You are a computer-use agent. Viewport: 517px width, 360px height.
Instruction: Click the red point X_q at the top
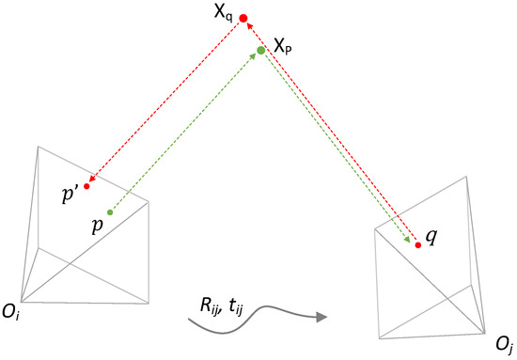coord(243,18)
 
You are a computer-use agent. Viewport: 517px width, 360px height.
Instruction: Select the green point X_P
coord(261,50)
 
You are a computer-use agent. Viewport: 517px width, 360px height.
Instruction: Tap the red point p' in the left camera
coord(86,185)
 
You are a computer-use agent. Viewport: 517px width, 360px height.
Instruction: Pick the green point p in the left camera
coord(110,212)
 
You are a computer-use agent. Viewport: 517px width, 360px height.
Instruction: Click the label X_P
coord(285,44)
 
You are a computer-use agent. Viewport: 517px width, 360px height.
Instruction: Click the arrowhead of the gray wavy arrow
coord(321,318)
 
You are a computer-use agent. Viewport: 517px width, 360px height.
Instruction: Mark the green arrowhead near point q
coord(410,241)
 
